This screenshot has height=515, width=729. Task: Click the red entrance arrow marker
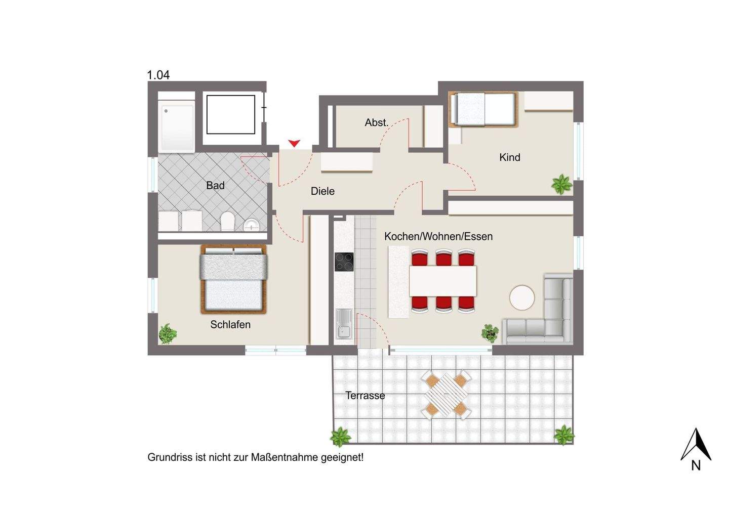coord(294,144)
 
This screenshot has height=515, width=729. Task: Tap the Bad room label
coord(215,186)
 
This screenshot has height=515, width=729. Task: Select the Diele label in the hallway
coord(322,191)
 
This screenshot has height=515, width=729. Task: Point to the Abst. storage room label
coord(377,122)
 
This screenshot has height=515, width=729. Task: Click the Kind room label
coord(509,157)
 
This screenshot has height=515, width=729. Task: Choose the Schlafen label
coord(230,325)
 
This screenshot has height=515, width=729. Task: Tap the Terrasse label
coord(365,396)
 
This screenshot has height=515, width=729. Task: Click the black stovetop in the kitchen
coord(344,262)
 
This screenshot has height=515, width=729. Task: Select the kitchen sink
coord(344,324)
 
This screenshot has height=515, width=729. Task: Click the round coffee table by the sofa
coord(522,297)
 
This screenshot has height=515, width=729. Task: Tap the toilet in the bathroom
coord(228,222)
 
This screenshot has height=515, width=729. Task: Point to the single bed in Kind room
coord(483,110)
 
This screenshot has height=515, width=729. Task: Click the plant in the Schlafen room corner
coord(167,334)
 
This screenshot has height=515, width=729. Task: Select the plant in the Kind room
coord(561,184)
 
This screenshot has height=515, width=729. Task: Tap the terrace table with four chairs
coord(446,395)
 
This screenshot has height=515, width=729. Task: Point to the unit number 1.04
coord(158,75)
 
